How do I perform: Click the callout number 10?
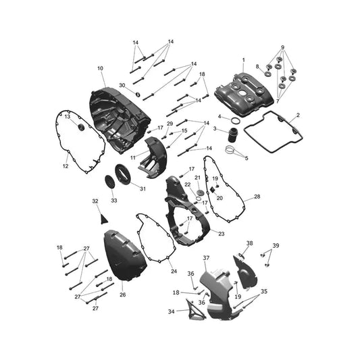point(101,68)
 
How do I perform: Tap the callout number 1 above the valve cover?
point(244,60)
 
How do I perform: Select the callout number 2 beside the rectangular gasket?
point(298,115)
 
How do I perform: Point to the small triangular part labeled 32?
point(104,219)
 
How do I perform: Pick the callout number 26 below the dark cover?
point(123,294)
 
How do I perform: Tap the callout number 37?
point(206,258)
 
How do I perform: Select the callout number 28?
point(257,197)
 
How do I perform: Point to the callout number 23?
point(222,234)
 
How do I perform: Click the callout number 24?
point(174,272)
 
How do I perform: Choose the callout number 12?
point(66,166)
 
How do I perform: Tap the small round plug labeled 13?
point(81,127)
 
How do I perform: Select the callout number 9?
point(282,47)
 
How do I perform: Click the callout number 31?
point(143,188)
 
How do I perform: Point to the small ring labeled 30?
point(138,94)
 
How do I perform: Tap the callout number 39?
point(276,246)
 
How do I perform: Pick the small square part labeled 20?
point(213,190)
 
